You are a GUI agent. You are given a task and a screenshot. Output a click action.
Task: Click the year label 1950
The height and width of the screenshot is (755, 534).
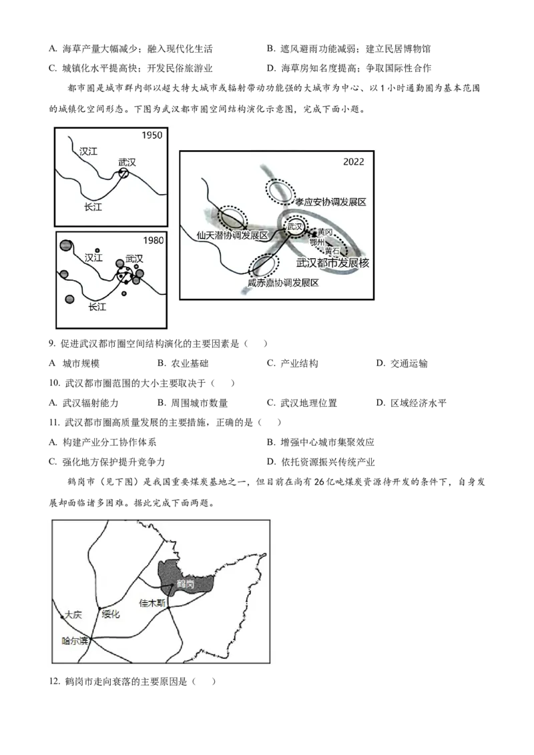[x=152, y=135]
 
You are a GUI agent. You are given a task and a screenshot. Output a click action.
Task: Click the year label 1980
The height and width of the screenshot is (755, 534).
[x=154, y=240]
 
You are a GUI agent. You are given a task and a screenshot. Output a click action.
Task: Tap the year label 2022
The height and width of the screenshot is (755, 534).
[x=353, y=162]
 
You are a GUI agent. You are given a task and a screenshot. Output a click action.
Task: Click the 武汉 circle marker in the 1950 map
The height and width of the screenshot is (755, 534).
[x=124, y=174]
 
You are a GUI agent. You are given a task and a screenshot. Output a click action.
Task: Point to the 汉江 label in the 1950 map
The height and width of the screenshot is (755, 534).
[x=89, y=151]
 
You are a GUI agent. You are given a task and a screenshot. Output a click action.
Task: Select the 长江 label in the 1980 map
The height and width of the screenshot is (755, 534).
[x=97, y=307]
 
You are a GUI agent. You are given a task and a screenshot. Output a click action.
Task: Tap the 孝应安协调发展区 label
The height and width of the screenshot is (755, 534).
[x=330, y=202]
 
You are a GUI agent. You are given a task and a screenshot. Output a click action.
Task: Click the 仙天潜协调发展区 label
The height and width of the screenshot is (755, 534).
[x=232, y=235]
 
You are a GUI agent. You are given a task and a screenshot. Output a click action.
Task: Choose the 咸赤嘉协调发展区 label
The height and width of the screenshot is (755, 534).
[x=283, y=283]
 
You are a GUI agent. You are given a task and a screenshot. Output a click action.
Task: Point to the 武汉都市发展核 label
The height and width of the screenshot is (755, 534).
[x=332, y=263]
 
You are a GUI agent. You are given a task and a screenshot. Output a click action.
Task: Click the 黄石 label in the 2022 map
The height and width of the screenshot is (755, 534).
[x=332, y=251]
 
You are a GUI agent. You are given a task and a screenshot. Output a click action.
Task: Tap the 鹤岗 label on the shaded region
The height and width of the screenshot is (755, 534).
[x=186, y=584]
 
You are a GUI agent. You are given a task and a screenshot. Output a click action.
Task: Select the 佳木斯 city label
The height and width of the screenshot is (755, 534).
[x=152, y=603]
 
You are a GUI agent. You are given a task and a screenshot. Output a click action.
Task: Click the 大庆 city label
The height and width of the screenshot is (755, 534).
[x=73, y=615]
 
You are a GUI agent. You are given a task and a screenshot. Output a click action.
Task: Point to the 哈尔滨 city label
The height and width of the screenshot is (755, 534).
[x=75, y=641]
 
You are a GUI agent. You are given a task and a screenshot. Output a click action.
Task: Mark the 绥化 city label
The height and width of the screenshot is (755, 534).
[x=110, y=614]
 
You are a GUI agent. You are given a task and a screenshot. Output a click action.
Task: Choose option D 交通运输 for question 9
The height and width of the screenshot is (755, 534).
[x=402, y=363]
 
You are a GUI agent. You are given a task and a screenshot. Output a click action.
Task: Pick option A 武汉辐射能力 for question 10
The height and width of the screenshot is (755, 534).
[x=83, y=403]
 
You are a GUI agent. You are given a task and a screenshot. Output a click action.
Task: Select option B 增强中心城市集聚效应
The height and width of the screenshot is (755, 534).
[x=321, y=442]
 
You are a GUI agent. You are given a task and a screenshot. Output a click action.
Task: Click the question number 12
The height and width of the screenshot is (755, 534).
[x=54, y=682]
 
